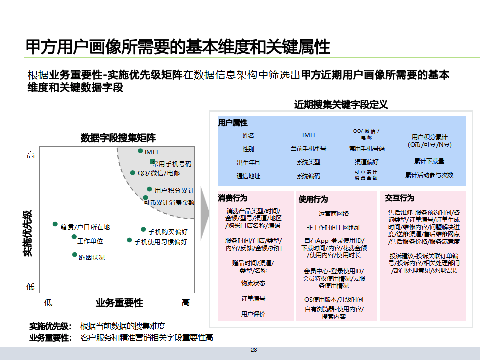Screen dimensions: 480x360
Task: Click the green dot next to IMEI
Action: pos(141,151)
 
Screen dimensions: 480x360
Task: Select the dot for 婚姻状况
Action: pos(75,255)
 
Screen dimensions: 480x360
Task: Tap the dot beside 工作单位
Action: pos(74,237)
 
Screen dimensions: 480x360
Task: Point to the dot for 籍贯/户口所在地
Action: pos(56,224)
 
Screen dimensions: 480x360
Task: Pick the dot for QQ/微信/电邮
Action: pos(133,173)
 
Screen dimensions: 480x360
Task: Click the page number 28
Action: pos(254,350)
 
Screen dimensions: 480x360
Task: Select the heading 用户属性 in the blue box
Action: pos(232,123)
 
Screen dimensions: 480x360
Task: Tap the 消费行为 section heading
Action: pos(232,198)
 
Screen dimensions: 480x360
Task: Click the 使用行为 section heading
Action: pos(313,199)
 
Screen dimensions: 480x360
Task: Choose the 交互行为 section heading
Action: pos(400,198)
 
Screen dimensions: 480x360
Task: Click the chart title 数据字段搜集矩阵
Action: pos(118,138)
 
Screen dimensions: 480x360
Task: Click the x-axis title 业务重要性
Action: pos(119,303)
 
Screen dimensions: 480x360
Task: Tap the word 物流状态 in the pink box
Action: pos(253,283)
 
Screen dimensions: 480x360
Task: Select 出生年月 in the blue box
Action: pos(248,162)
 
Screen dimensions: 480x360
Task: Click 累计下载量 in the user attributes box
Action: pos(429,161)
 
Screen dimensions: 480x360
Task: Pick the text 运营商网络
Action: pos(334,214)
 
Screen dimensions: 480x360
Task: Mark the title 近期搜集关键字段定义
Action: pos(341,104)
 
